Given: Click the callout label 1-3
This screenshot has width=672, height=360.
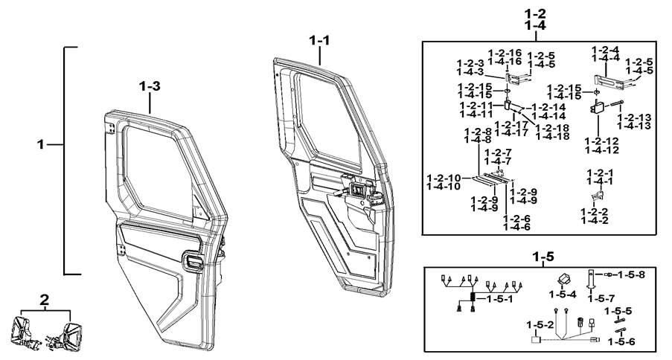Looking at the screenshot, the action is (x=150, y=86).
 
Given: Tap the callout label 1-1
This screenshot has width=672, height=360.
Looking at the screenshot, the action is (x=320, y=41).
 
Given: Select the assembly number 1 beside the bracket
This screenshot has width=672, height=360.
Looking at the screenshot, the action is (x=41, y=145).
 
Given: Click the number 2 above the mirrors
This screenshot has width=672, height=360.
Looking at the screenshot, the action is (x=44, y=300).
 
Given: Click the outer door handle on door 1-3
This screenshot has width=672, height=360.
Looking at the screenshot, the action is (x=193, y=262).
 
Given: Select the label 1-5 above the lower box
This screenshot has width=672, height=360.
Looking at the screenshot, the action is (x=543, y=257).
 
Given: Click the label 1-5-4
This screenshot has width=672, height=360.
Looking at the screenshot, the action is (x=563, y=295).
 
